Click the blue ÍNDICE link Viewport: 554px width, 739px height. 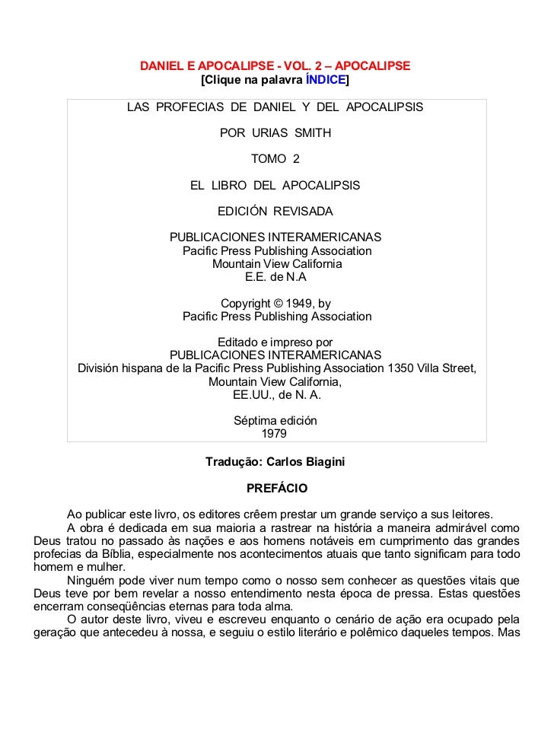click(x=325, y=79)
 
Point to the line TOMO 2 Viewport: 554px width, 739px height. click(x=275, y=158)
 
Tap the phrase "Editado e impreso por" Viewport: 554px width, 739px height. click(x=275, y=342)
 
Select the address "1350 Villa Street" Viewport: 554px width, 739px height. click(x=431, y=368)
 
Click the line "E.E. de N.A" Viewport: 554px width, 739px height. click(x=275, y=276)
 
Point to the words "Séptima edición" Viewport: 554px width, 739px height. click(x=275, y=421)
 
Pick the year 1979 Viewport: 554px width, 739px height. click(x=275, y=434)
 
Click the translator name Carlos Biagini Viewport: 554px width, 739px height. click(x=306, y=461)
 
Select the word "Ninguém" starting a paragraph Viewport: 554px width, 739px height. click(x=92, y=578)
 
